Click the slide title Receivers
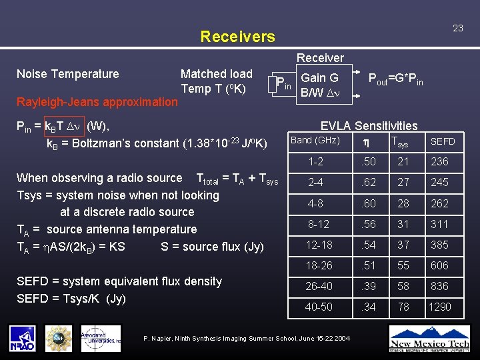tap(237, 36)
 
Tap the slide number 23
tap(457, 28)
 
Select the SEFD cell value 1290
tap(440, 307)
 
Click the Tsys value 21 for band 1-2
tap(403, 161)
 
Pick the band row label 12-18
tap(319, 245)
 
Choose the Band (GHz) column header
tap(315, 141)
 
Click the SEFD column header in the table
tap(443, 141)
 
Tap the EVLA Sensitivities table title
tap(369, 125)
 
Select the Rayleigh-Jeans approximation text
tap(97, 102)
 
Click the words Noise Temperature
tap(67, 74)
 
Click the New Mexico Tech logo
tap(429, 337)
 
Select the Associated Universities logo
tap(101, 338)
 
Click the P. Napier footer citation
tap(247, 339)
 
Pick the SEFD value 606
tap(439, 265)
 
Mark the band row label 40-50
tap(319, 307)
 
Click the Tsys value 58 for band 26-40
tap(403, 286)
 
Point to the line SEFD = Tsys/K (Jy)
tap(71, 297)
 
